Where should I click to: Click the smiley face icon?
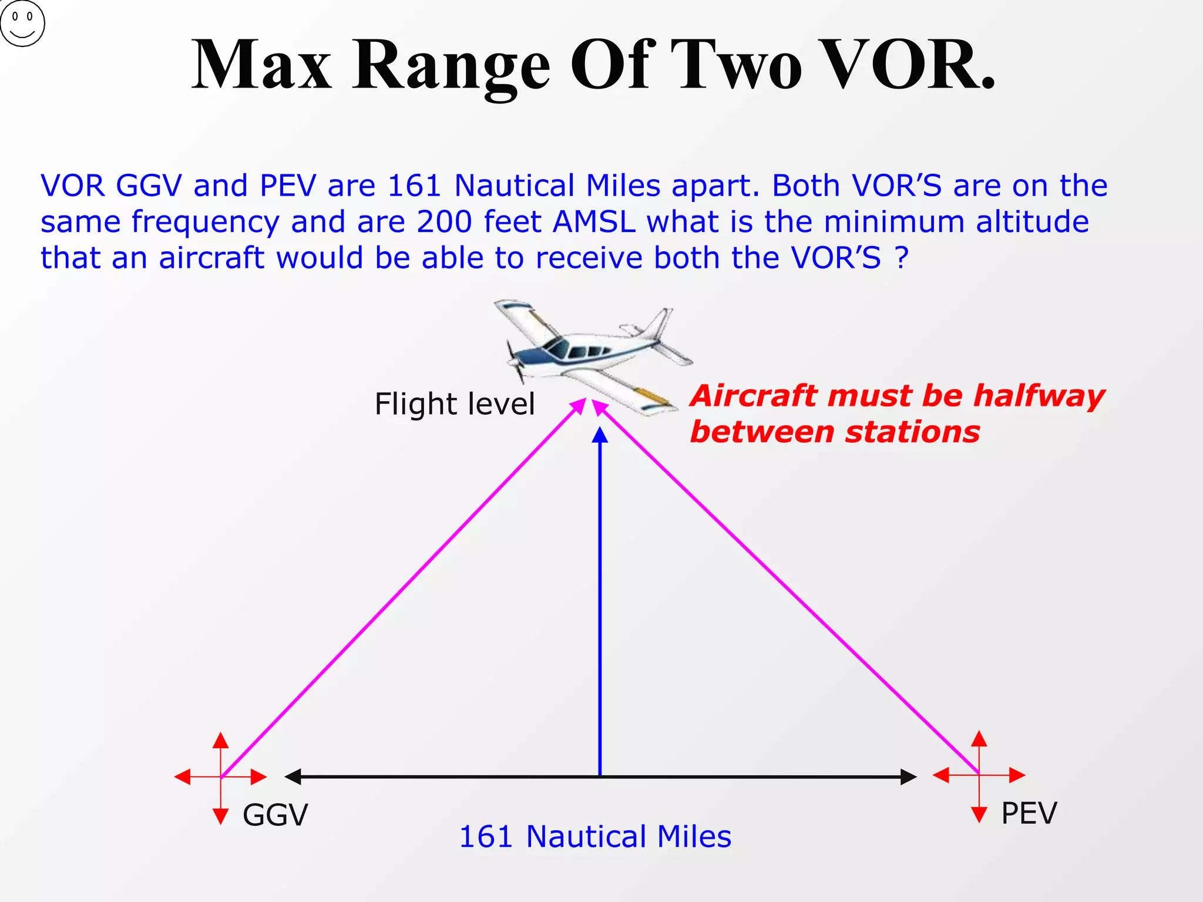(x=22, y=23)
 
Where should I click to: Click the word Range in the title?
(x=451, y=66)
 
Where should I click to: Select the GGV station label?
(x=275, y=815)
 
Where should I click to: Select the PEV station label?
(x=1029, y=813)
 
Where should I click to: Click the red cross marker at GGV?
(x=221, y=777)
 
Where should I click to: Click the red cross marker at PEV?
(x=979, y=775)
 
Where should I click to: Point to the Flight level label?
(x=455, y=404)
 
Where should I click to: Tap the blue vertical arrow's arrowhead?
(x=600, y=435)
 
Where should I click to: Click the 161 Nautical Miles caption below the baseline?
(x=595, y=836)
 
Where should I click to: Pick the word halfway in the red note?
(x=1039, y=396)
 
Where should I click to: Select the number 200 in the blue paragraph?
(x=444, y=222)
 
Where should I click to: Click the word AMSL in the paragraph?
(x=594, y=222)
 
